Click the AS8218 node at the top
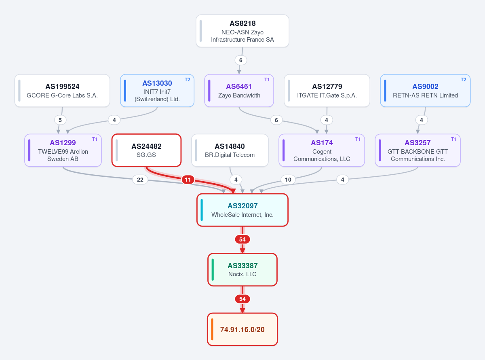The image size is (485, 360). pyautogui.click(x=242, y=31)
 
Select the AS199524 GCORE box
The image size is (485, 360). pyautogui.click(x=62, y=91)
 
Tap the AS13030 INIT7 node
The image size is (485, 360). pyautogui.click(x=157, y=91)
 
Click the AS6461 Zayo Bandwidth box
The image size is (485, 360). pyautogui.click(x=239, y=91)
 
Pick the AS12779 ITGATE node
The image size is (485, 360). pyautogui.click(x=327, y=91)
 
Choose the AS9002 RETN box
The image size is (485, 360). pyautogui.click(x=425, y=91)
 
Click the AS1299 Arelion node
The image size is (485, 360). pyautogui.click(x=63, y=150)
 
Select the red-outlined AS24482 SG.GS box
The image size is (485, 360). pyautogui.click(x=146, y=150)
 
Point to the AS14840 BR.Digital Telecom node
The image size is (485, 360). pyautogui.click(x=230, y=150)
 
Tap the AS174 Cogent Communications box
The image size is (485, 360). pyautogui.click(x=322, y=150)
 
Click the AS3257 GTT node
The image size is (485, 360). pyautogui.click(x=418, y=150)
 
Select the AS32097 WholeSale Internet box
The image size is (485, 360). pyautogui.click(x=242, y=210)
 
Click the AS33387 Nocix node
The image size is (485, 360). pyautogui.click(x=242, y=270)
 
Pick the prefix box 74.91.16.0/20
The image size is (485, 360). pyautogui.click(x=242, y=329)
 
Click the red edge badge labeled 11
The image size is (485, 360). pyautogui.click(x=188, y=180)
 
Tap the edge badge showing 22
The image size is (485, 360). pyautogui.click(x=140, y=180)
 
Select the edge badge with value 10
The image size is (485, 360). pyautogui.click(x=288, y=180)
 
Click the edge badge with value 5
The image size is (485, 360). pyautogui.click(x=60, y=120)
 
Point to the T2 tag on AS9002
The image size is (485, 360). pyautogui.click(x=463, y=80)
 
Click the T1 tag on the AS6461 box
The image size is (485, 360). pyautogui.click(x=267, y=80)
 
